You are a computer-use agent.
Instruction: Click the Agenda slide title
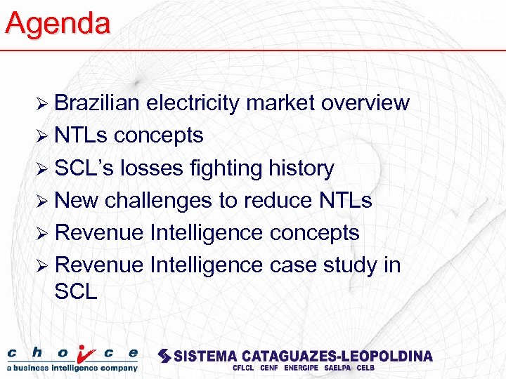coord(58,23)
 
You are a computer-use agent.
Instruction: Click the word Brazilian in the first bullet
coord(98,102)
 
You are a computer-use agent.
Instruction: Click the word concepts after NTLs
coord(158,135)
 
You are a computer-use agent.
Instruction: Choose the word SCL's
coord(84,168)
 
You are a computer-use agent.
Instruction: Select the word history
coord(302,168)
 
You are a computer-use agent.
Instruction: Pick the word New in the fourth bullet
coord(77,200)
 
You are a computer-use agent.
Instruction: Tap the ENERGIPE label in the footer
coord(303,368)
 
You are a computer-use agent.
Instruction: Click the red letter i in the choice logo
coord(84,354)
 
